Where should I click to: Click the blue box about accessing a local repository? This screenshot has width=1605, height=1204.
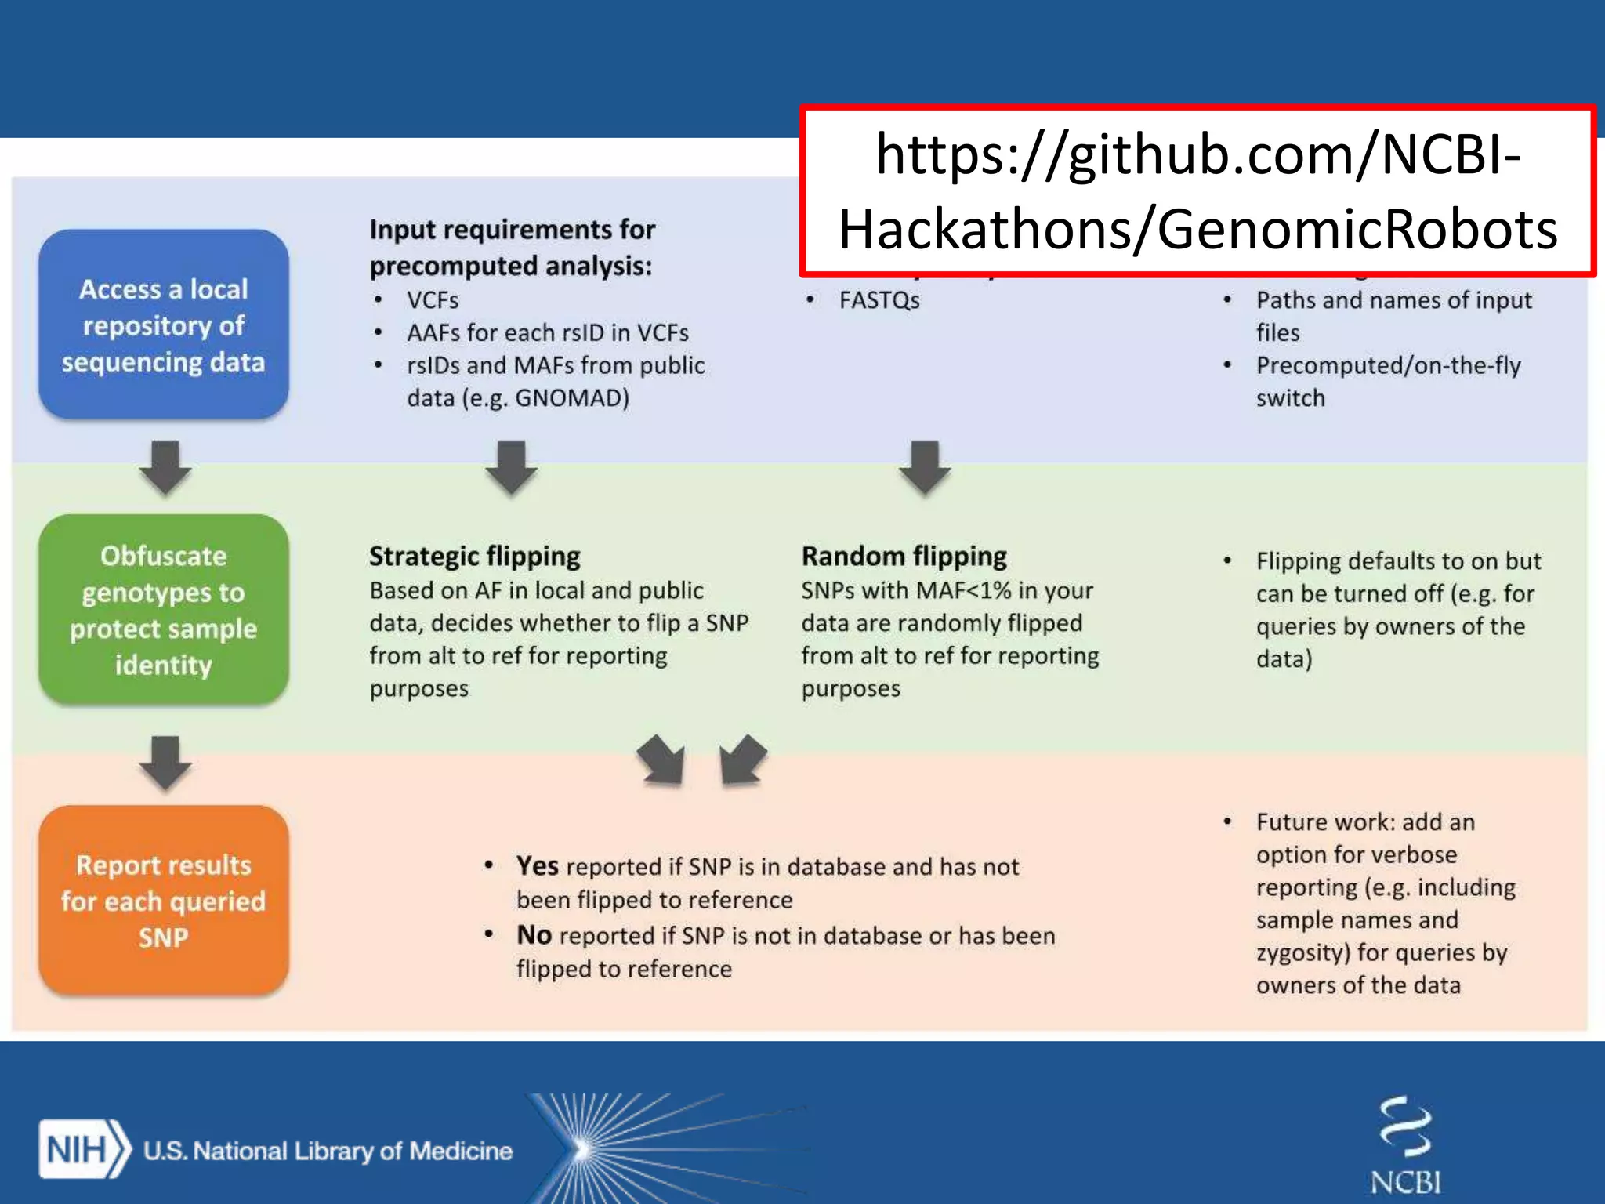pos(164,324)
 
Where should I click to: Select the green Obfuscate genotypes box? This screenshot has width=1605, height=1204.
pos(164,609)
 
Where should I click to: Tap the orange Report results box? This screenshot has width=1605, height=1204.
pos(164,900)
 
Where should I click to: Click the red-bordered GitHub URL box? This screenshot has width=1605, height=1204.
pos(1197,191)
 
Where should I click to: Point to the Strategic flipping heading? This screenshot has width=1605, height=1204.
pos(474,556)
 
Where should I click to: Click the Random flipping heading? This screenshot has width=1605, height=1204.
pos(904,556)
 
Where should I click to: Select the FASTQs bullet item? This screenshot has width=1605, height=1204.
pos(879,300)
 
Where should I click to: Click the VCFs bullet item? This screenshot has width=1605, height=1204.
pos(432,300)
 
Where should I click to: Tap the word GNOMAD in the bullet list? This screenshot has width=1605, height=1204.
pos(570,398)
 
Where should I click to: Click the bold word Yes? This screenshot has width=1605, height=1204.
pos(537,865)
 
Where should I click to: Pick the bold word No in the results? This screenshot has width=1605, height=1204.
pos(534,934)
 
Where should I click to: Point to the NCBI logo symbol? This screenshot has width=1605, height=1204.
pos(1405,1127)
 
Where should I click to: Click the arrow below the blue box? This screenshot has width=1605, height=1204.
pos(165,467)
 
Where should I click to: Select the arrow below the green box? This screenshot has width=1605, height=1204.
pos(165,762)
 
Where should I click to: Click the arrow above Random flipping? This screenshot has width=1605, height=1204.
pos(925,467)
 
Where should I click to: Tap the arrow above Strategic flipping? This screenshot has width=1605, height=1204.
pos(511,467)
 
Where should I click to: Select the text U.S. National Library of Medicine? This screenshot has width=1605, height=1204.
pos(328,1151)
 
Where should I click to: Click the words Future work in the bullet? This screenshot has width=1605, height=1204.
pos(1324,821)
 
